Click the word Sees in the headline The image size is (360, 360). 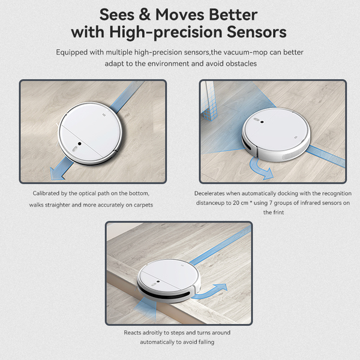[x=117, y=14]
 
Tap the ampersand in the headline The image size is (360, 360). [x=145, y=14]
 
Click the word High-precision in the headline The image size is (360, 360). [x=166, y=32]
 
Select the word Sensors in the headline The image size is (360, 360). [x=256, y=32]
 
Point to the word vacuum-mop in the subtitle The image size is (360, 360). [x=245, y=52]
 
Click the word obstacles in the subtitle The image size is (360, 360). [x=241, y=64]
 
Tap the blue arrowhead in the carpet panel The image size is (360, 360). [x=56, y=173]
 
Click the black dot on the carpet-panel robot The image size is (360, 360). [x=79, y=144]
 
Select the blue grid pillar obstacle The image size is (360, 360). [x=209, y=101]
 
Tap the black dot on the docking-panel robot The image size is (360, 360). [x=262, y=122]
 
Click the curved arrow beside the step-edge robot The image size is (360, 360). [x=210, y=292]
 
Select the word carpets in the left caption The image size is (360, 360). [x=143, y=205]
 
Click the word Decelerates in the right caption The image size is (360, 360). [x=209, y=194]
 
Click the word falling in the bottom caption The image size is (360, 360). [x=206, y=342]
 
